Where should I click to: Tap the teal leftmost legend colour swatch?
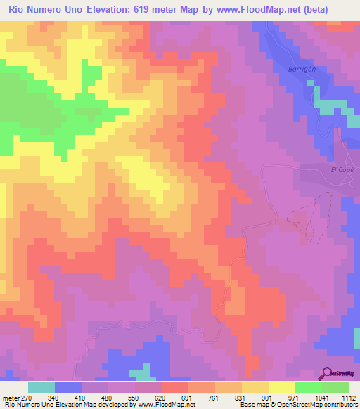point(41,387)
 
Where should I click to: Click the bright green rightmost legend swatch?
point(335,387)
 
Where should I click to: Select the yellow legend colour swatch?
point(282,387)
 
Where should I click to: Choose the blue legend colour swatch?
point(68,387)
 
